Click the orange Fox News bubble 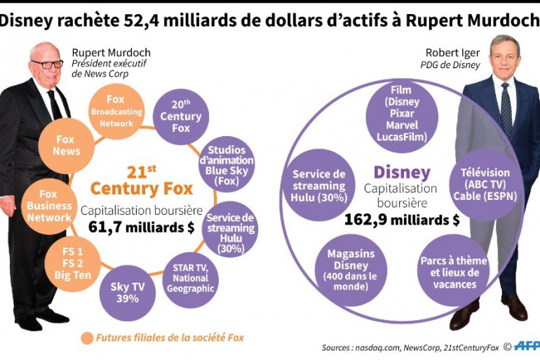[x=67, y=145]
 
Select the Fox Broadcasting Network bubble [x=116, y=112]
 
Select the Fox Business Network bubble [x=49, y=206]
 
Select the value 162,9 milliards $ [x=401, y=220]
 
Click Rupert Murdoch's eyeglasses [x=47, y=64]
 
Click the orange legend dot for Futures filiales [x=88, y=338]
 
